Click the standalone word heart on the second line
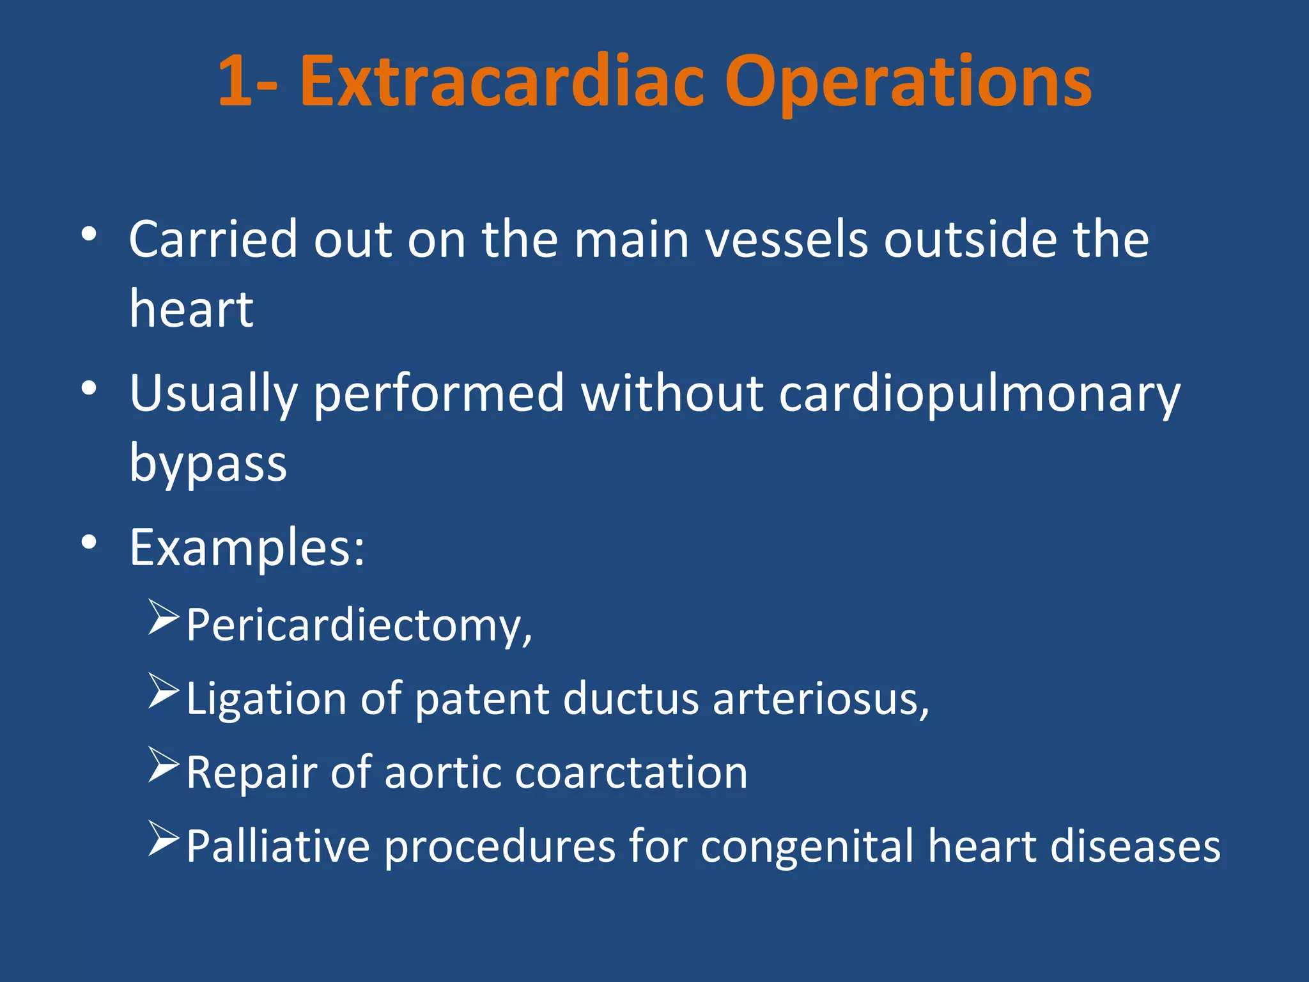tap(191, 309)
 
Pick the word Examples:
tap(247, 548)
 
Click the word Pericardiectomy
tap(358, 625)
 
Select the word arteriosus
tap(818, 699)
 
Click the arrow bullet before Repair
tap(163, 765)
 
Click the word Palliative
tap(278, 846)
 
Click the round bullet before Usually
tap(89, 388)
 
